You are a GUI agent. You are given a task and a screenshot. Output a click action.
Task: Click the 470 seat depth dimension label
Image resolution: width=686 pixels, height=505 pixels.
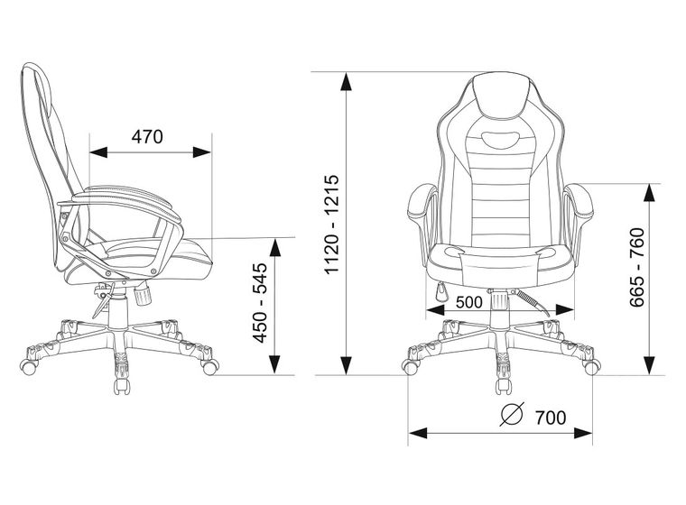pos(147,136)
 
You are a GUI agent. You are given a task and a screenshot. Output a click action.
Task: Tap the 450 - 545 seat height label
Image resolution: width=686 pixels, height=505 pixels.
pos(260,303)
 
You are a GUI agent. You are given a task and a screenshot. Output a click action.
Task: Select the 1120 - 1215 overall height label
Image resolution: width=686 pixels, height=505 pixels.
pos(331,224)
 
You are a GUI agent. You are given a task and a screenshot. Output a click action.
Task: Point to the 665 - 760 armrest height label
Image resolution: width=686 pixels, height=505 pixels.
pos(637,268)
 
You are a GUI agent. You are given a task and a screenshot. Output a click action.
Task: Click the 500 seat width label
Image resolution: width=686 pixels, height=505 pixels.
pos(469,302)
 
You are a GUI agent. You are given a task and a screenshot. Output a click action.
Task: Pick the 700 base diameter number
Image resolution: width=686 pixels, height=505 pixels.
pos(551,418)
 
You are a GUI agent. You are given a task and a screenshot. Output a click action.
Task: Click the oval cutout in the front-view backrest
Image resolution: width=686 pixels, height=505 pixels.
pos(501,140)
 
